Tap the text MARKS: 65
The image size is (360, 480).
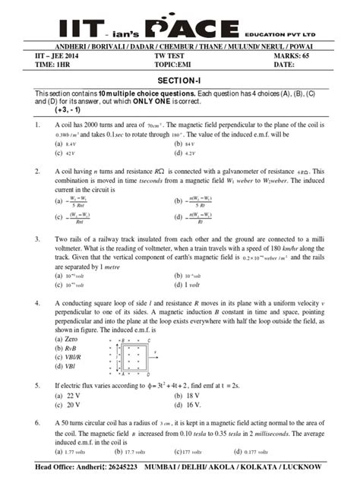click(289, 56)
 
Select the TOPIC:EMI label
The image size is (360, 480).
click(173, 65)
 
